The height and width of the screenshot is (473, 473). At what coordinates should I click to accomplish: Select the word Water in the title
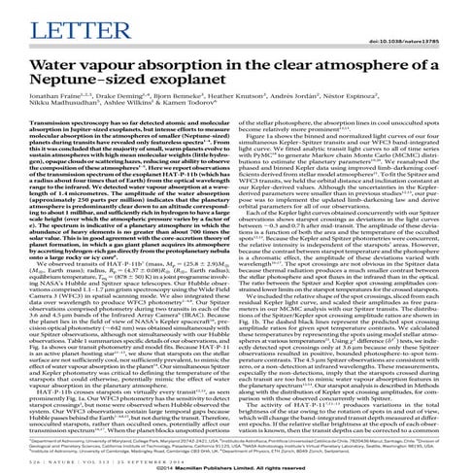pos(50,63)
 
